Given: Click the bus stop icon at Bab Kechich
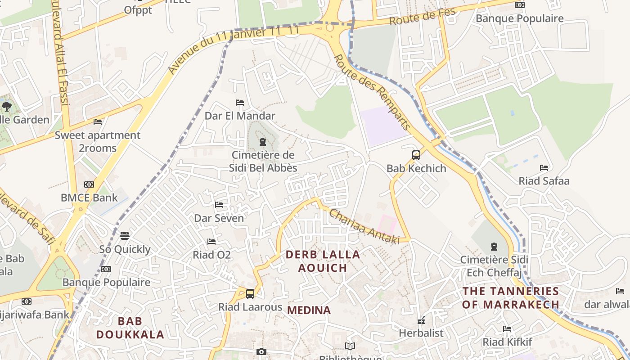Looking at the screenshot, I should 416,155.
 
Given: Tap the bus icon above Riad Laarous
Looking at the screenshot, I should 250,294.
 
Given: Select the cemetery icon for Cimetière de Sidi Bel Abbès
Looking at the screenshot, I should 263,142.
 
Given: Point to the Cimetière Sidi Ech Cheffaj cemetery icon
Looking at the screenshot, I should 494,247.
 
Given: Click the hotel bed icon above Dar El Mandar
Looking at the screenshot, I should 240,103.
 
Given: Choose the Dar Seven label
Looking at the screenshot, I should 219,218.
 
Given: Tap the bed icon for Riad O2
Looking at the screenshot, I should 211,242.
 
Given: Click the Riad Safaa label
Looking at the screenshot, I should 544,181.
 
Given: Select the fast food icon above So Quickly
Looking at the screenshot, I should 125,235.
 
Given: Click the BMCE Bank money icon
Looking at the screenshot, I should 89,184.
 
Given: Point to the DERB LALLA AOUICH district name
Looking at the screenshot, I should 323,261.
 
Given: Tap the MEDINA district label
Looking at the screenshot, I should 309,310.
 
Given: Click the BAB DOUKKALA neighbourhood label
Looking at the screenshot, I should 130,328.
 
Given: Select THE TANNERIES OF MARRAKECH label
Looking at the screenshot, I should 510,297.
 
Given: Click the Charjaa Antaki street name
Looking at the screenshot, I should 364,227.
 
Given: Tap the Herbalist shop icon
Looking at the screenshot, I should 421,321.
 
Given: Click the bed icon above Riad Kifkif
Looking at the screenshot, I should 507,329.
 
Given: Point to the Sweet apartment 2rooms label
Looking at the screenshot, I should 98,141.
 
